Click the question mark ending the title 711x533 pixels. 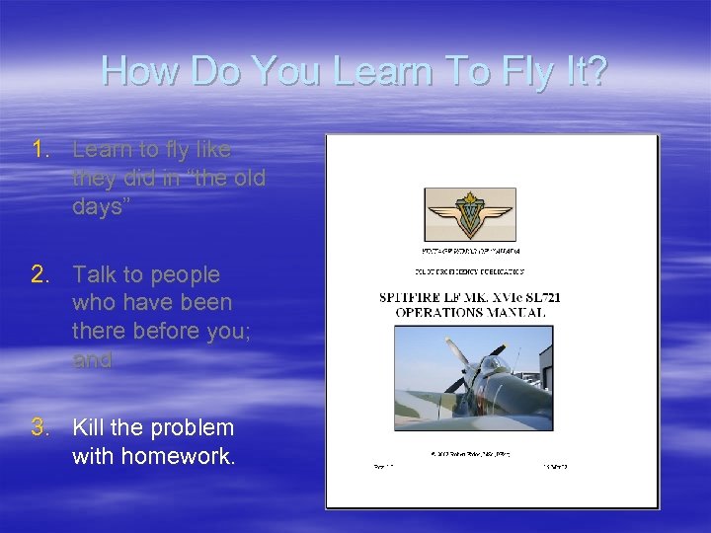(596, 71)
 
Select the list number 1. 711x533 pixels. (39, 150)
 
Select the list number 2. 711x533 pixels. (39, 274)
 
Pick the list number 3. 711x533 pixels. (39, 428)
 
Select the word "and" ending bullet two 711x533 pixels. (93, 360)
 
